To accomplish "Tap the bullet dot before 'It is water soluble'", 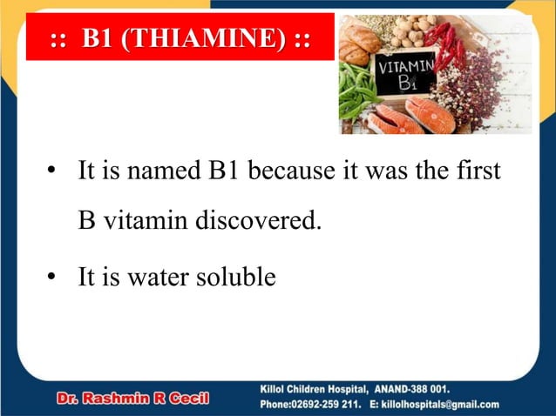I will (52, 278).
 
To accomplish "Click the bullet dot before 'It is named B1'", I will (52, 171).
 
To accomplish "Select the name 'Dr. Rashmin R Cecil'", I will (132, 399).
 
